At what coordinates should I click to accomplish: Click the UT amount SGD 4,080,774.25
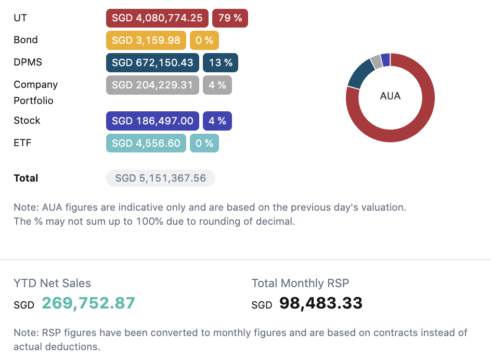tap(157, 18)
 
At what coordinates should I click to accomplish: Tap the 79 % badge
tap(230, 18)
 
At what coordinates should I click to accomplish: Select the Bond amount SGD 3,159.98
tap(146, 40)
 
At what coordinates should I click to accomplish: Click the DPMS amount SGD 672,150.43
tap(152, 62)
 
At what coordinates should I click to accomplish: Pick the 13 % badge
tap(221, 62)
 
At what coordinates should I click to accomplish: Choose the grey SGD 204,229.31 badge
tap(152, 85)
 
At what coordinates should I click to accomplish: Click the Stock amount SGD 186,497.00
tap(152, 121)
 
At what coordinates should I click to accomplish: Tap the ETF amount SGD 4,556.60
tap(146, 143)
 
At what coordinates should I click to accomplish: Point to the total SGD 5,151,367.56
tap(161, 178)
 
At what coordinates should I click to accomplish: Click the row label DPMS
tap(28, 62)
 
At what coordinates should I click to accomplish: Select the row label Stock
tap(27, 121)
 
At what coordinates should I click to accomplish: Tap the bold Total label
tap(26, 178)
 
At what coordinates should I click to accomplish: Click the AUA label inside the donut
tap(391, 96)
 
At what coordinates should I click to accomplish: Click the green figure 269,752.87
tap(88, 303)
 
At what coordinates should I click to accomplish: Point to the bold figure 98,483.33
tap(321, 303)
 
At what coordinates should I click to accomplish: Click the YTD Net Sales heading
tap(52, 284)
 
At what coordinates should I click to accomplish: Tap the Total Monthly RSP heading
tap(300, 284)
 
